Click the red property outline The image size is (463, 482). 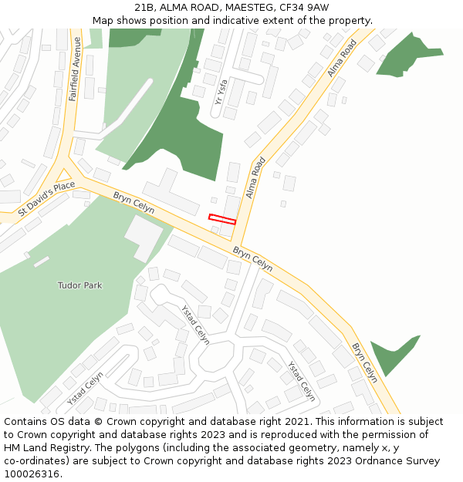(221, 220)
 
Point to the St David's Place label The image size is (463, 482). (47, 197)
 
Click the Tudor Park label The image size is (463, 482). (79, 285)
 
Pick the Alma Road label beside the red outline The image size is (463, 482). (255, 178)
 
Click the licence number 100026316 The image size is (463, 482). (33, 474)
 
